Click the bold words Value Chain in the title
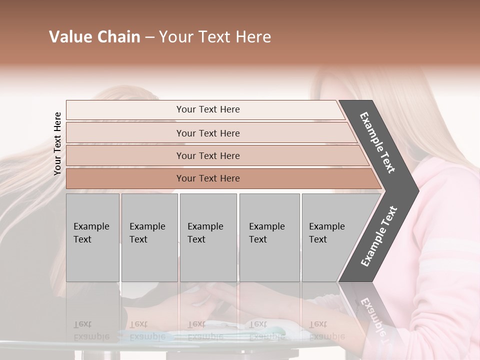coord(94,37)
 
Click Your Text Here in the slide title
coord(215,37)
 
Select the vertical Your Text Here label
coord(57,143)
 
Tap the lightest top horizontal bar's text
coord(208,109)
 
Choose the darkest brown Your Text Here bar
coord(208,178)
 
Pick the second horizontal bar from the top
coord(208,133)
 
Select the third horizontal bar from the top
coord(208,156)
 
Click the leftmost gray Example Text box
coord(92,237)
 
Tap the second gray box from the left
coord(149,237)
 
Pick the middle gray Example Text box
coord(208,237)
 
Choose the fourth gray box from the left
coord(269,237)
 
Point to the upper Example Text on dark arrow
coord(377,142)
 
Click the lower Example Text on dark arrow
coord(378,236)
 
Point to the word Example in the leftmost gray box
coord(91,226)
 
